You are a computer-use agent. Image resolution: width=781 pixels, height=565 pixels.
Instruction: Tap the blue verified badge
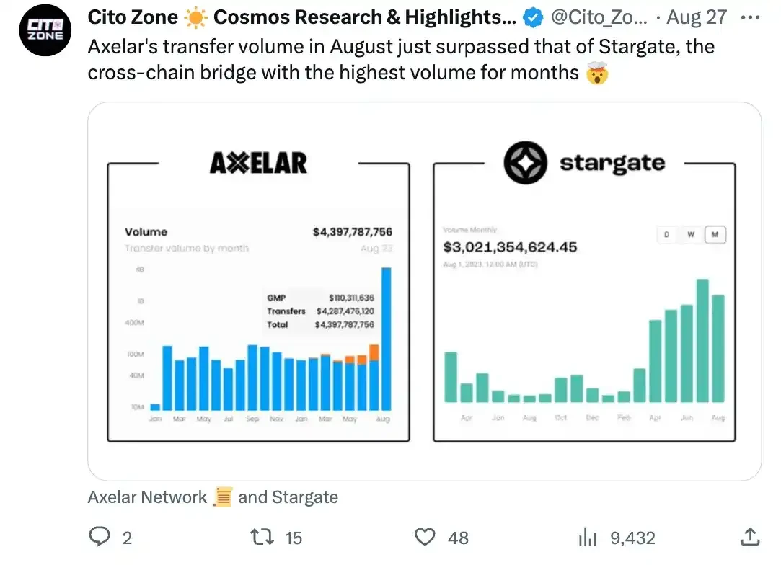coord(533,17)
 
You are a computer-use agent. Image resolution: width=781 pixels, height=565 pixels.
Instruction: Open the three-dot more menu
coord(750,17)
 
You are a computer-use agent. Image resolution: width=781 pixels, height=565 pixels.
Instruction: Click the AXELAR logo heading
coord(258,163)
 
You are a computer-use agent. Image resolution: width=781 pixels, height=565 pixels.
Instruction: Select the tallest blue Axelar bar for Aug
coord(387,339)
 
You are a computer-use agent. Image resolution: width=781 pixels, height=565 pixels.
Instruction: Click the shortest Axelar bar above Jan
coord(155,407)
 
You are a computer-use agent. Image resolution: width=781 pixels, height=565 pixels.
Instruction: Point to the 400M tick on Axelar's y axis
coord(135,323)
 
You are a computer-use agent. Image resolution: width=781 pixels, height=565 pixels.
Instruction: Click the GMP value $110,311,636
coord(351,298)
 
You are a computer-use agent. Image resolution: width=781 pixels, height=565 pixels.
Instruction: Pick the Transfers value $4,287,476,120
coord(345,311)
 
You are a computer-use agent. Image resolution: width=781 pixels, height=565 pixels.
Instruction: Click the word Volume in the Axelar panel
coord(146,232)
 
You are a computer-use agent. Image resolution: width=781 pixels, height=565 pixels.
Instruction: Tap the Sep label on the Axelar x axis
coord(252,419)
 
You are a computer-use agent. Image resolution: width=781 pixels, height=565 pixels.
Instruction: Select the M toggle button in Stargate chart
coord(715,235)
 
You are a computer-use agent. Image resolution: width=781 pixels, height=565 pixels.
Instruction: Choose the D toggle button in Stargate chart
coord(666,235)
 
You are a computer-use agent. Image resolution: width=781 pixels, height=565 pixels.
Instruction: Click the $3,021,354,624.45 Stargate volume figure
coord(510,247)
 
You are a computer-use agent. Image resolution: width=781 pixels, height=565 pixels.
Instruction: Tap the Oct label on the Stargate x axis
coord(561,418)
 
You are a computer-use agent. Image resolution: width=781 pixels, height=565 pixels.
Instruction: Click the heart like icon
coord(427,537)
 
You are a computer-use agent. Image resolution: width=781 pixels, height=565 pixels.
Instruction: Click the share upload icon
coord(749,537)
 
